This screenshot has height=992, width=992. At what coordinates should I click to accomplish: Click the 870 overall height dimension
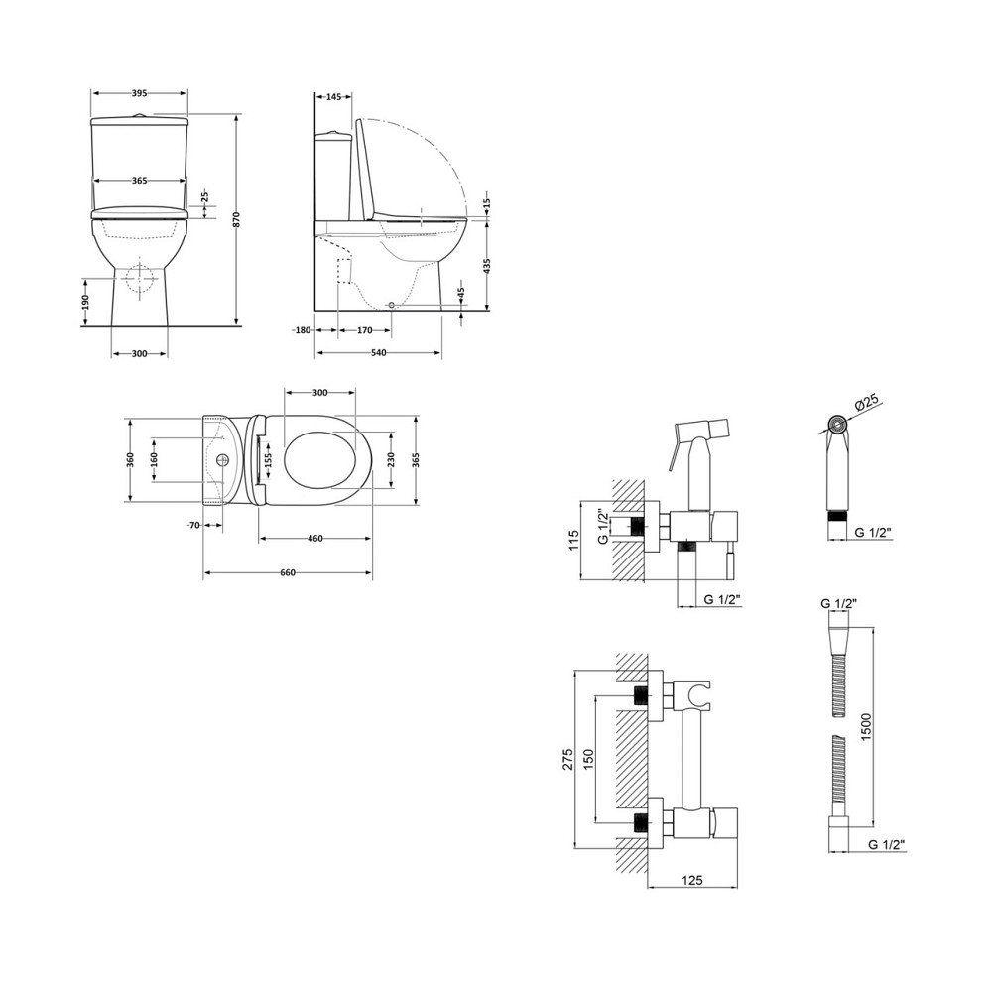click(236, 219)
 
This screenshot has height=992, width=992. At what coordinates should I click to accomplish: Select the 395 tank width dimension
click(139, 93)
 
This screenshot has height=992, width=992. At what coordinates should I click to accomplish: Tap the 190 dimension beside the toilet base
click(85, 302)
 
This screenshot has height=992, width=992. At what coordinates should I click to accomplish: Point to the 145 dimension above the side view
click(333, 97)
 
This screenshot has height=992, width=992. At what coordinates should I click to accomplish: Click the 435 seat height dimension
click(486, 266)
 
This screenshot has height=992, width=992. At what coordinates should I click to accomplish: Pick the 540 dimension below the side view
click(378, 352)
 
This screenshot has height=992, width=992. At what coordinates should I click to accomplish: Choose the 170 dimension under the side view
click(364, 330)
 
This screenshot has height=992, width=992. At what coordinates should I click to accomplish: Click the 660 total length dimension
click(288, 573)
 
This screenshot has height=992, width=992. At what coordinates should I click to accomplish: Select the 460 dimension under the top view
click(315, 539)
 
